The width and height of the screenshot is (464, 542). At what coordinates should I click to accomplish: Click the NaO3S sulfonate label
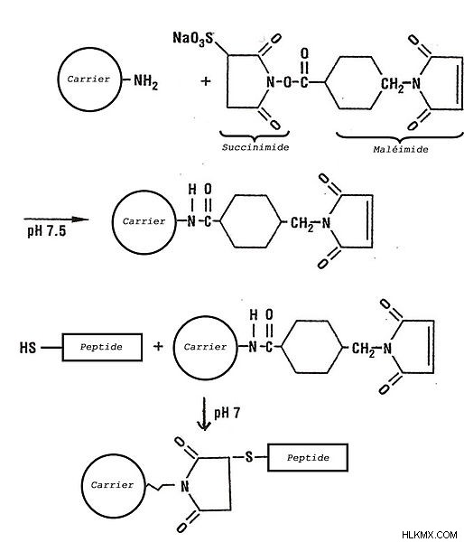pos(193,39)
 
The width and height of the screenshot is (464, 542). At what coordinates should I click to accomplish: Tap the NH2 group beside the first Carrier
pos(145,82)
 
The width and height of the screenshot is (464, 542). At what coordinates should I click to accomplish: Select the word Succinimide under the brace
pos(255,147)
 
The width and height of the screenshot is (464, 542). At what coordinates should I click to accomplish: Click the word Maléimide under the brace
pos(401,150)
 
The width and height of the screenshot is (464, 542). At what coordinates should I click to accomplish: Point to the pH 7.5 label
pos(47,231)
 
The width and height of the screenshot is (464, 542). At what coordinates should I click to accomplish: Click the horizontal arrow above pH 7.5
pos(56,219)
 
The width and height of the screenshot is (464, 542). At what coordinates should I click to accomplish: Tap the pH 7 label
pos(227,413)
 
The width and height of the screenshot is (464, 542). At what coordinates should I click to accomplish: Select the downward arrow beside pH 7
pos(204,414)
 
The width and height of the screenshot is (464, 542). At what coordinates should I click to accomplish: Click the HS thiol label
pos(28,348)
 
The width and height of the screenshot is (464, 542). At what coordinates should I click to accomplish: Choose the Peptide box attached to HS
pos(102,347)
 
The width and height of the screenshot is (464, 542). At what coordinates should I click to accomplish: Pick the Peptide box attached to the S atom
pos(308,458)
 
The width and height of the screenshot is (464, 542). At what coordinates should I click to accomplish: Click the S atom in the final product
pos(249,457)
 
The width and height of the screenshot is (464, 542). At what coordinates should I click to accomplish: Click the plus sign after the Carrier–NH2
pos(206,81)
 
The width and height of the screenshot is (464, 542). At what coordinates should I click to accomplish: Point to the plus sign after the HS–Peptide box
pos(158,346)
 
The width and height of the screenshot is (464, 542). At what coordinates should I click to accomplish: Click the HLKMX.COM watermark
pos(430,535)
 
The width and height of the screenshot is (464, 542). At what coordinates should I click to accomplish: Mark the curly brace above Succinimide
pos(255,135)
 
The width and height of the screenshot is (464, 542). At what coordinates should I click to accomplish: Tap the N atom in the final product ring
pos(185,486)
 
